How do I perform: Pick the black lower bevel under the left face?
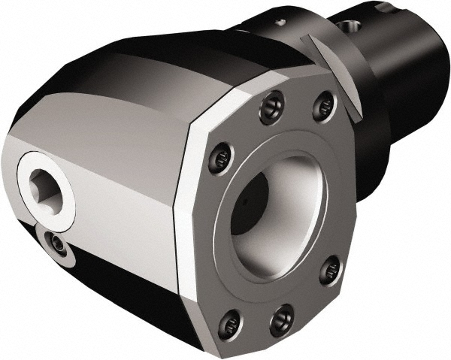[120, 289]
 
